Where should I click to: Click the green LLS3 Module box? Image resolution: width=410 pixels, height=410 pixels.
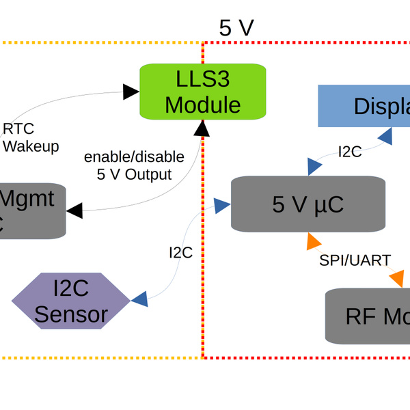202,92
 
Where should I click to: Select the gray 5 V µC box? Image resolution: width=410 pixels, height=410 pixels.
307,204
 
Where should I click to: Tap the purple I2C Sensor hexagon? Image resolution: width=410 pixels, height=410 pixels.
70,301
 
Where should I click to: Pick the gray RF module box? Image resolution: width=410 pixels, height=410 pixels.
369,316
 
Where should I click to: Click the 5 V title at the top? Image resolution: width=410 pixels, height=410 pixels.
236,27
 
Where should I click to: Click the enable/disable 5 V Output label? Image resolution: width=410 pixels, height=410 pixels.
134,165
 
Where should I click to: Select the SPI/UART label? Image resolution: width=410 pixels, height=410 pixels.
355,260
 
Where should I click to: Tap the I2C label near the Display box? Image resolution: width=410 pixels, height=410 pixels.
349,152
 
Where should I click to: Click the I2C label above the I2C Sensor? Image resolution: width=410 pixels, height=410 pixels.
180,253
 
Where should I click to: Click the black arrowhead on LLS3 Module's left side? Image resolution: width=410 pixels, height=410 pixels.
131,91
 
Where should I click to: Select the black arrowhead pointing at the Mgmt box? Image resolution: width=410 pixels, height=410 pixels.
74,210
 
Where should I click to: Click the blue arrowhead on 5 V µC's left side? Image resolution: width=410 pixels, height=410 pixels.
221,204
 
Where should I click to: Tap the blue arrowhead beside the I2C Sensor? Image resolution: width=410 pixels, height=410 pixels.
139,298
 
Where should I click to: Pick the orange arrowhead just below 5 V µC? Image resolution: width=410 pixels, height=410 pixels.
314,241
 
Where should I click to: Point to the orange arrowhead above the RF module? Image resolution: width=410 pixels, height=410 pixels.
396,279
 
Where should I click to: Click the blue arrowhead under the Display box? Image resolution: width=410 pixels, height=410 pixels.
385,136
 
